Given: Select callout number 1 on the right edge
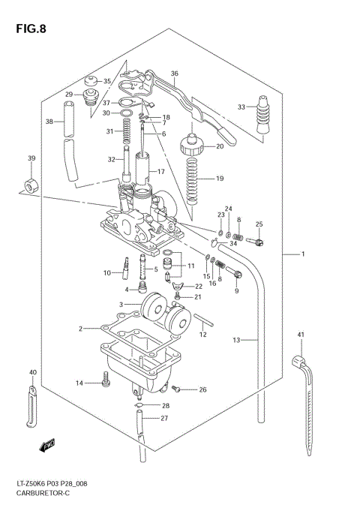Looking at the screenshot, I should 304,255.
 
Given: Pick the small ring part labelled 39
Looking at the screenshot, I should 31,185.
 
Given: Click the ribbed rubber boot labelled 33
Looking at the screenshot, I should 264,116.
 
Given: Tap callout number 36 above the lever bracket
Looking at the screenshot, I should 174,74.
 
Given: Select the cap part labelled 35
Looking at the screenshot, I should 92,80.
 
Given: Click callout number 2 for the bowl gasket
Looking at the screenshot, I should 80,329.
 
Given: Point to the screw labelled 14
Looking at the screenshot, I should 106,383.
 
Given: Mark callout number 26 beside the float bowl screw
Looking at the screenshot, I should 202,389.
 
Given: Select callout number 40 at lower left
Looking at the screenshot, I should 32,372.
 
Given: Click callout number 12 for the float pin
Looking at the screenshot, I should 202,335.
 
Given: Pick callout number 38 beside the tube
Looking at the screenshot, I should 49,122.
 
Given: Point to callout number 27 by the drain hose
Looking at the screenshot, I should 164,418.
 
